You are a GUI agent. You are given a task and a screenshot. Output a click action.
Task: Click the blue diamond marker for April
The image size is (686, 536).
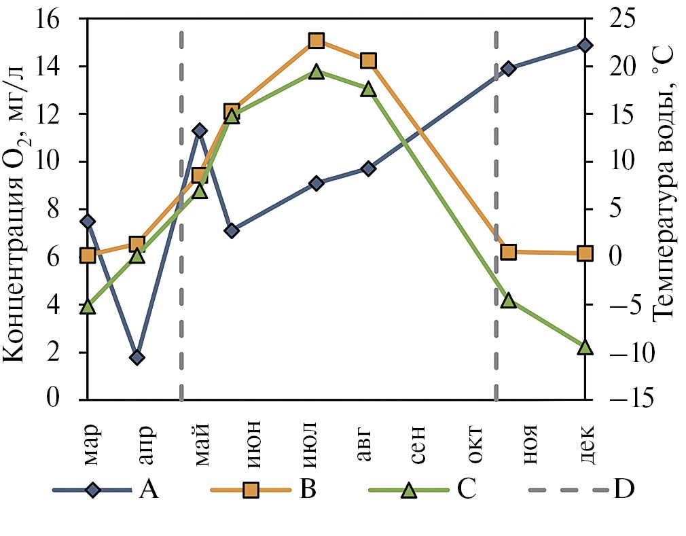(137, 357)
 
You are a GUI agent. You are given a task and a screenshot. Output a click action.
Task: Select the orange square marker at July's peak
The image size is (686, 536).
(316, 41)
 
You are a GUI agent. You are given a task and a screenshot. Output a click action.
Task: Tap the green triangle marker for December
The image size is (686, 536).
(586, 347)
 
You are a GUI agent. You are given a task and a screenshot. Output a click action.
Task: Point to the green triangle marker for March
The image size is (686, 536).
(87, 306)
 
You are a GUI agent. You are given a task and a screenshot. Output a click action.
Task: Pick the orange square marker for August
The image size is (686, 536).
(368, 60)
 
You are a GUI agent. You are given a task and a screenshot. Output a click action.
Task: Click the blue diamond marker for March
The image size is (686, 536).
(87, 221)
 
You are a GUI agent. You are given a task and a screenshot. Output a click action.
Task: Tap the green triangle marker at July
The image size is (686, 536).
(316, 71)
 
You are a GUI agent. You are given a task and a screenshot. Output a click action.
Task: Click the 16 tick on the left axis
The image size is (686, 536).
(59, 20)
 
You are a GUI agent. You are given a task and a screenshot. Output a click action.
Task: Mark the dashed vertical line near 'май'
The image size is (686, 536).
(182, 204)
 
